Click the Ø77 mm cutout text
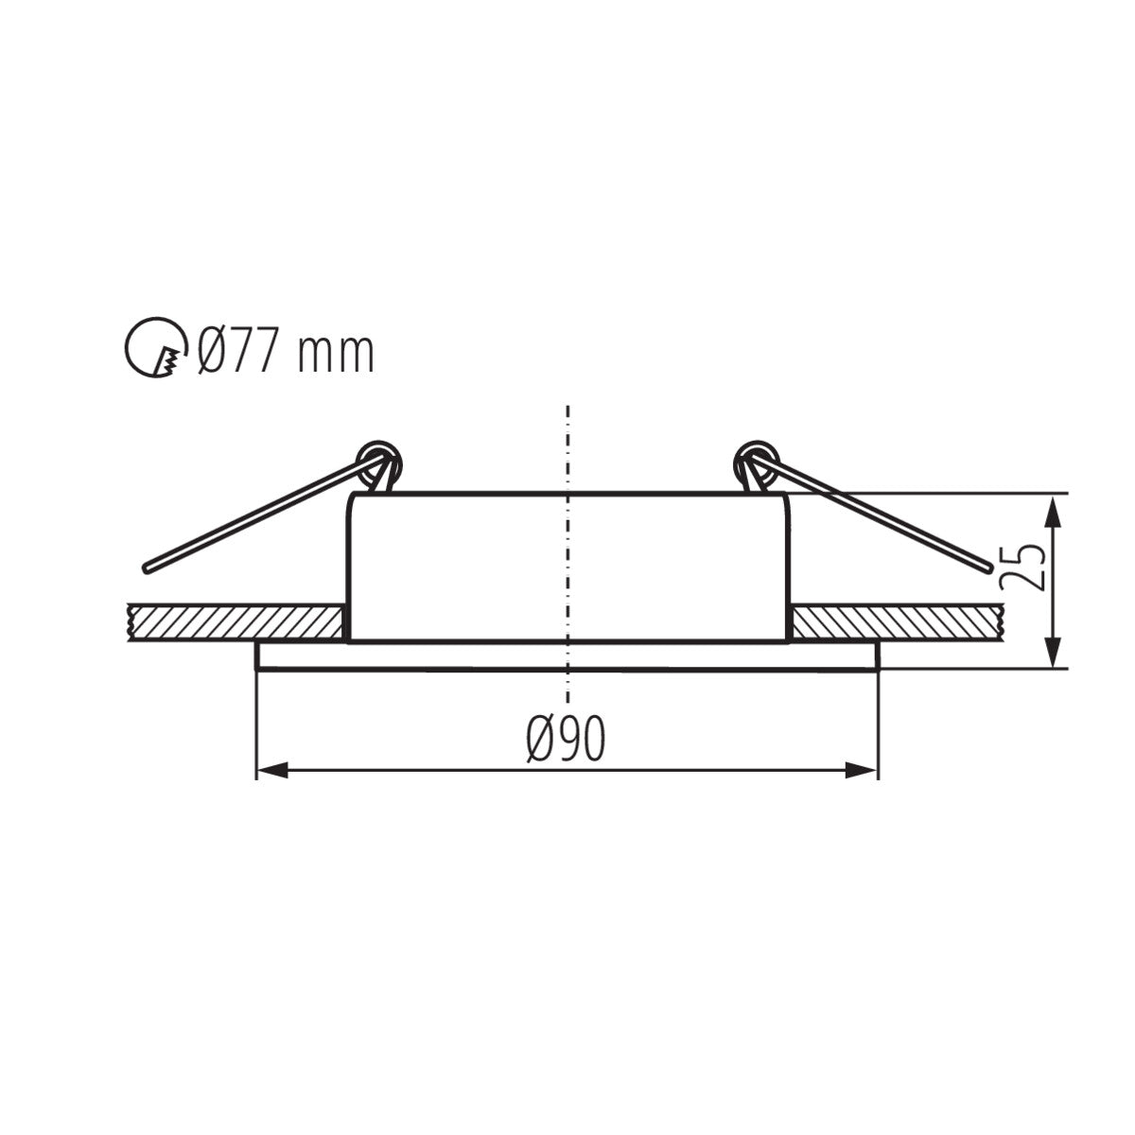click(x=286, y=352)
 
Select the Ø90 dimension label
click(x=566, y=739)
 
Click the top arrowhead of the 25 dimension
click(x=1056, y=508)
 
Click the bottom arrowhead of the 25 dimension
click(x=1056, y=654)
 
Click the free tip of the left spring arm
click(x=147, y=568)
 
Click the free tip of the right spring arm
click(x=989, y=568)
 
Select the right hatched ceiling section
click(x=899, y=621)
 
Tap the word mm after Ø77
click(x=336, y=354)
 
